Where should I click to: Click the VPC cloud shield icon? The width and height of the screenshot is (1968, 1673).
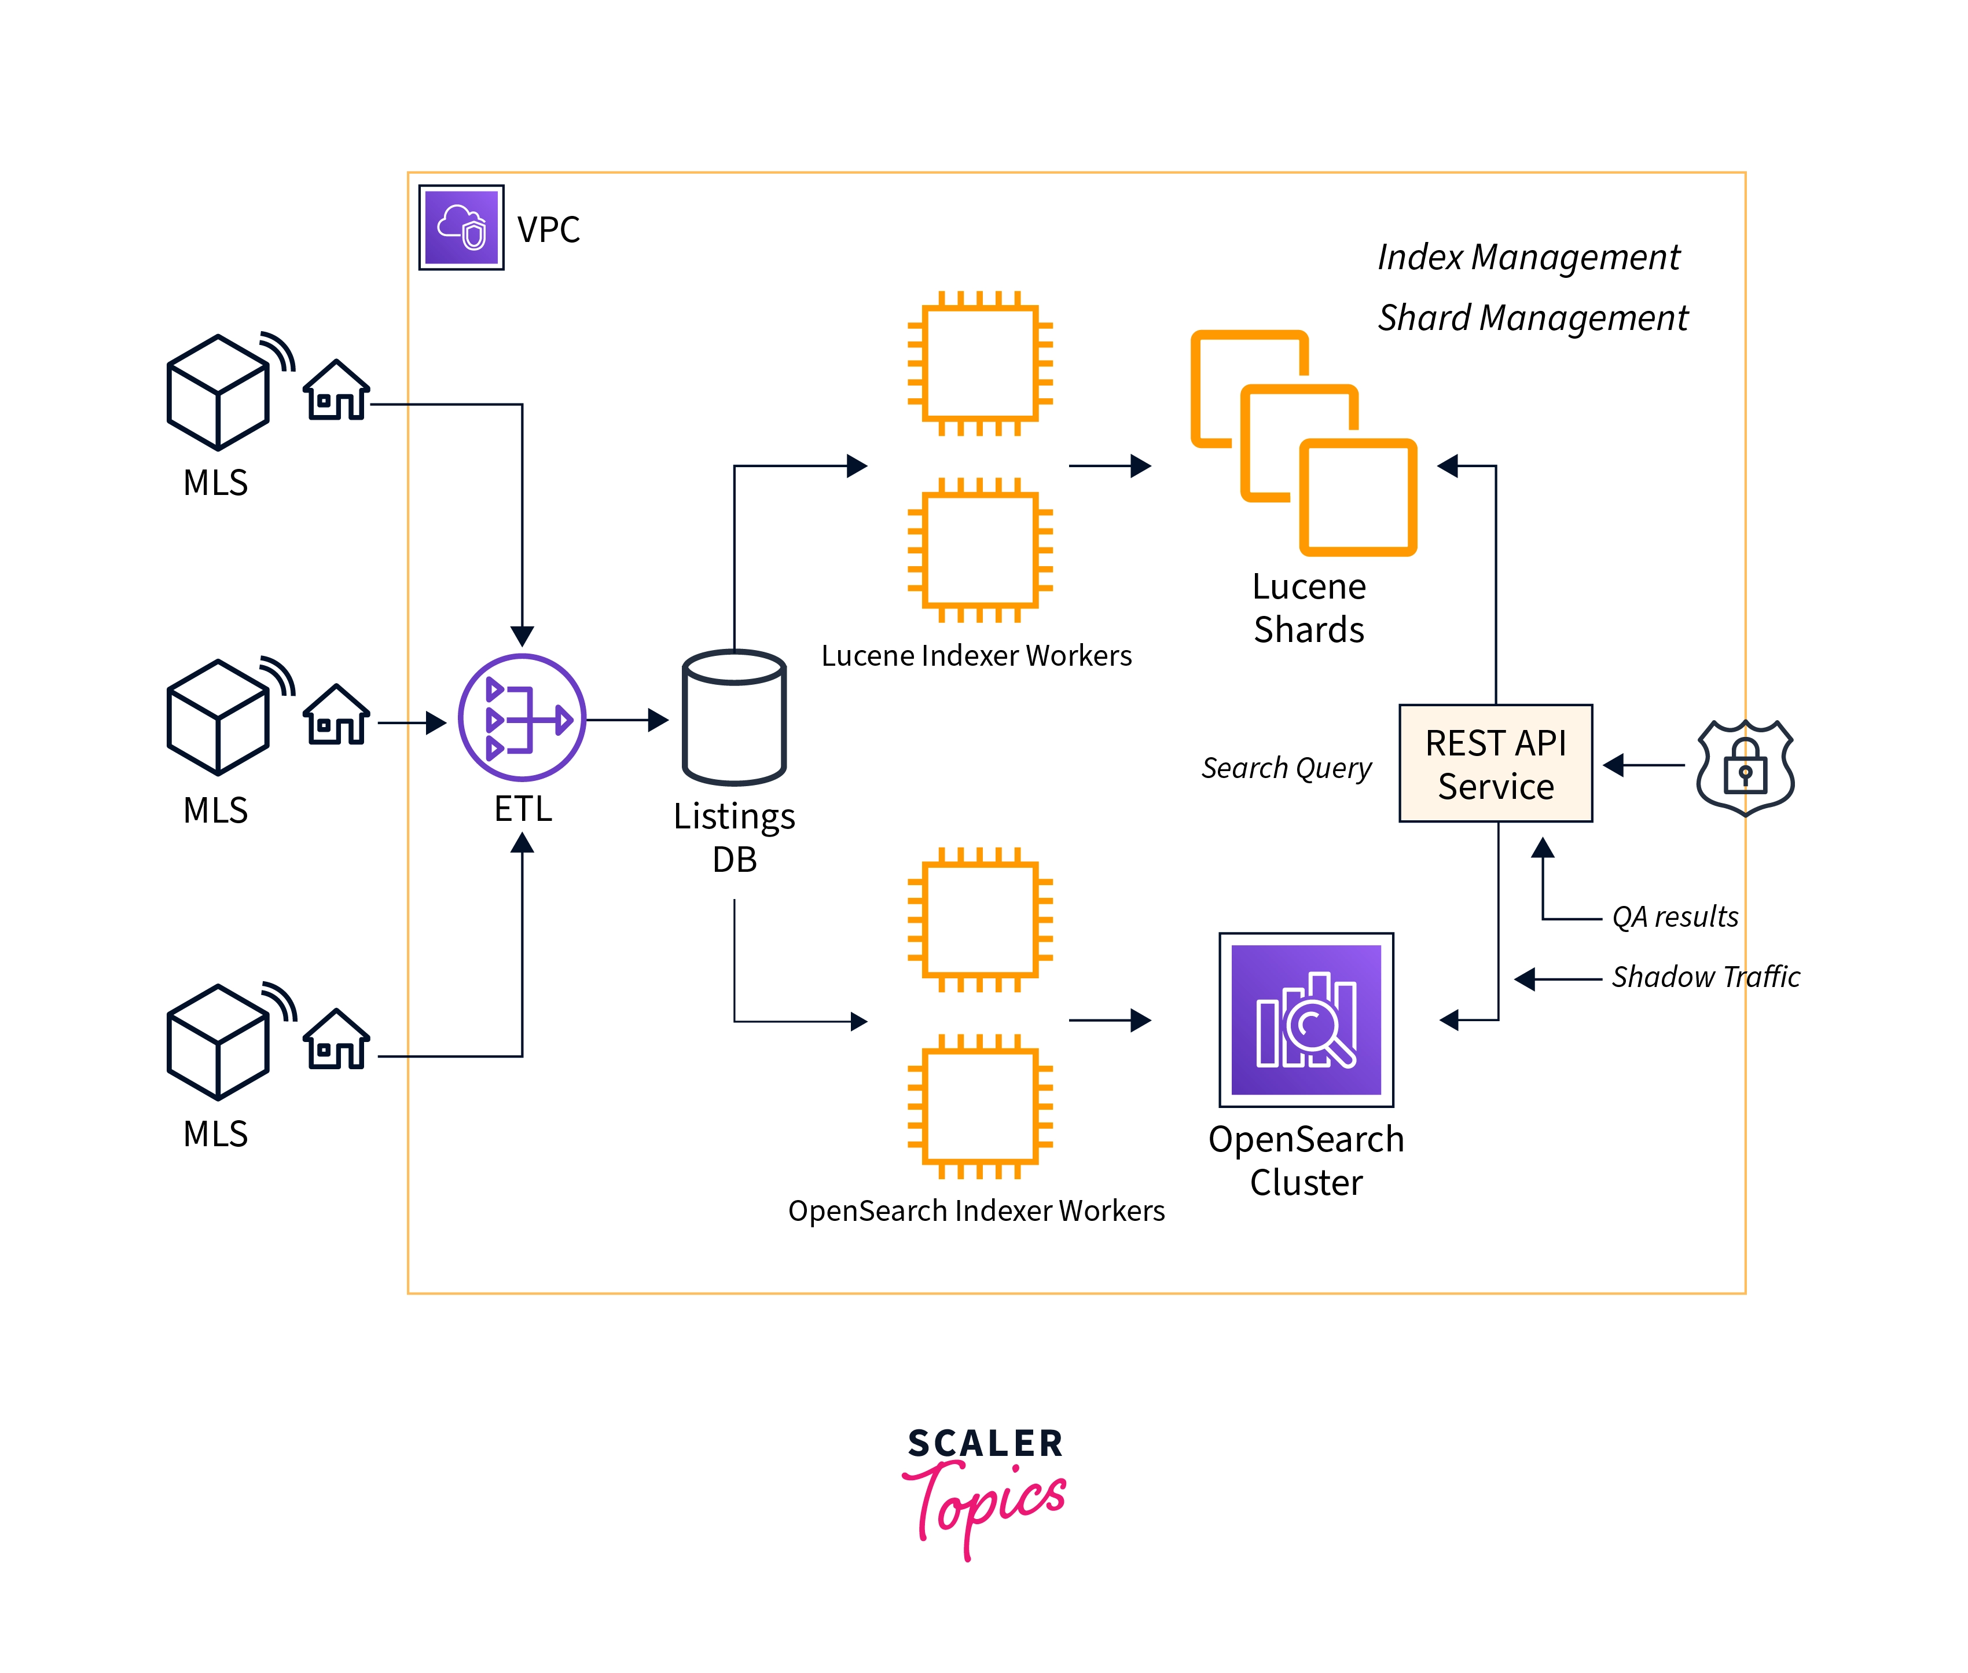[x=461, y=228]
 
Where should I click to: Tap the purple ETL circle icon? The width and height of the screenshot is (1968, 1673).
[x=522, y=718]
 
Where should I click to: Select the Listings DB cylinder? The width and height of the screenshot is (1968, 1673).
[x=734, y=717]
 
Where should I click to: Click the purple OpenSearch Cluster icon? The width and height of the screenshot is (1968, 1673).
[x=1305, y=1019]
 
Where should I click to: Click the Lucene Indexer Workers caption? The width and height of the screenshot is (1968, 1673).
[x=976, y=655]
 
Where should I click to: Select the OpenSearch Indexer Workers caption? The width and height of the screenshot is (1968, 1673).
[x=976, y=1211]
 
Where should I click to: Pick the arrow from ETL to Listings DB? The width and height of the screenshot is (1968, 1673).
[x=626, y=720]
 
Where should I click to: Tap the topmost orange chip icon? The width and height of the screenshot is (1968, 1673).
[x=980, y=363]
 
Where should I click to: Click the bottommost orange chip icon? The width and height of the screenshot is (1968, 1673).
[x=980, y=1106]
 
